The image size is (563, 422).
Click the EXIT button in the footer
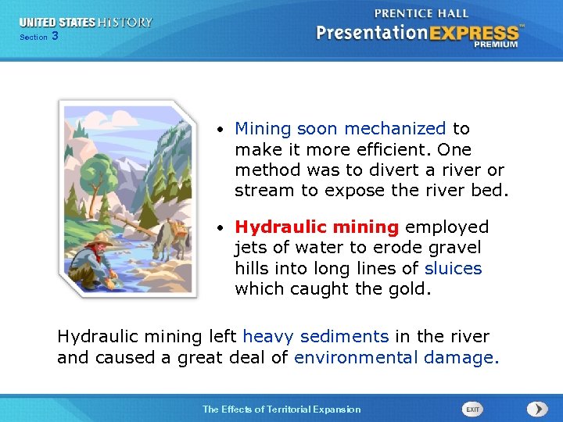pos(472,409)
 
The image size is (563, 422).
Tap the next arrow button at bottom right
pos(536,409)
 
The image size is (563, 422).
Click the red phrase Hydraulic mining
pos(317,227)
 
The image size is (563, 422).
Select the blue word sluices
pos(453,268)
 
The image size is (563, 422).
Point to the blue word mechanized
pos(395,128)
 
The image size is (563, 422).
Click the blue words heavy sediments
pos(315,337)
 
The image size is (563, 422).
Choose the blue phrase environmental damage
pos(395,357)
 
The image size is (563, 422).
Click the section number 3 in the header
pos(55,36)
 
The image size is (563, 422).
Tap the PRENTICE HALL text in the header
pos(421,13)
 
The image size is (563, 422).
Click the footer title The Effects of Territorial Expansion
pos(281,409)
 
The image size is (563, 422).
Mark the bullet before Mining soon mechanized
pos(222,129)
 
